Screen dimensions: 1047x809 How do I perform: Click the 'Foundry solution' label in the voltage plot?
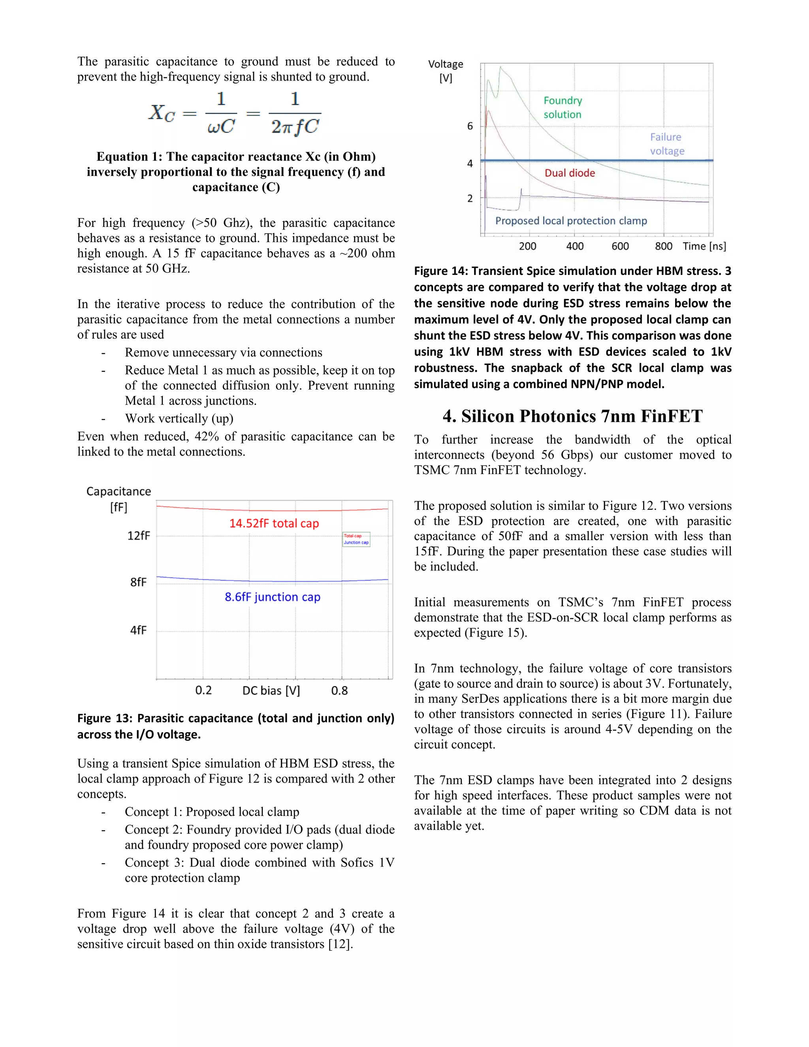(x=563, y=107)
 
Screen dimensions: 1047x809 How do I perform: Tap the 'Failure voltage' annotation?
(x=667, y=144)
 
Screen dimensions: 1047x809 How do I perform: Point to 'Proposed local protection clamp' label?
(x=571, y=220)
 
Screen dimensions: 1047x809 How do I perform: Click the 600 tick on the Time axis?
(x=620, y=247)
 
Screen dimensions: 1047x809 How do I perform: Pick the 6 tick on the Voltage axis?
(x=470, y=126)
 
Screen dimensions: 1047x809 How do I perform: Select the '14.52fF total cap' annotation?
(x=274, y=523)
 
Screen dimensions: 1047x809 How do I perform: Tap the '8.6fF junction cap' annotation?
(x=272, y=597)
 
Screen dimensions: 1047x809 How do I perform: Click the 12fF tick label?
(x=139, y=535)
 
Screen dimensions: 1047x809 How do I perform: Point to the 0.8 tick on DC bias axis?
(x=339, y=691)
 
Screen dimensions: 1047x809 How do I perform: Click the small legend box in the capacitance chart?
(x=356, y=539)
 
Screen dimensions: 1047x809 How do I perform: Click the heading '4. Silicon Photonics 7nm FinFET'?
(x=572, y=416)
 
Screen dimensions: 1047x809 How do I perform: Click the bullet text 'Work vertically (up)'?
(x=179, y=418)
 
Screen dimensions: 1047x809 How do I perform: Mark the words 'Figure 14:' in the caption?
(x=440, y=271)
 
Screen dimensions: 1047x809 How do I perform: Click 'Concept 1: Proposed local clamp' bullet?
(x=212, y=812)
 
